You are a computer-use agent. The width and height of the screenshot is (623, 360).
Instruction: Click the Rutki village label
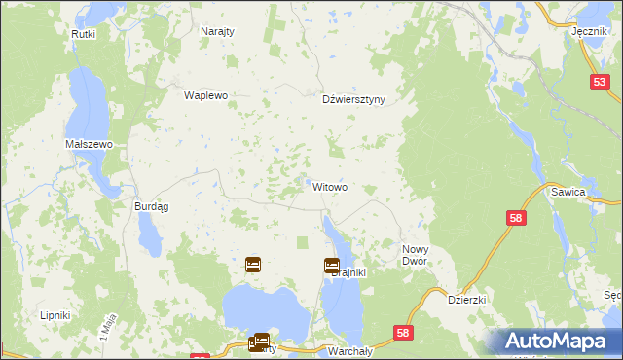pyautogui.click(x=82, y=34)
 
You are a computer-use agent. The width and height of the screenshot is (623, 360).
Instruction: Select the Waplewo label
pyautogui.click(x=205, y=95)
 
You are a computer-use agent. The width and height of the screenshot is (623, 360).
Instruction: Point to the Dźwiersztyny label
pyautogui.click(x=353, y=98)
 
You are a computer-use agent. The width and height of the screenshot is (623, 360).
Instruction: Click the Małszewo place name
pyautogui.click(x=90, y=144)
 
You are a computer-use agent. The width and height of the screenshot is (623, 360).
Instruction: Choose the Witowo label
pyautogui.click(x=330, y=186)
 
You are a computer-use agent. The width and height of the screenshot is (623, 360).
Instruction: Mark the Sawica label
pyautogui.click(x=594, y=193)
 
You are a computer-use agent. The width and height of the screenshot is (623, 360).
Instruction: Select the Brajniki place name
pyautogui.click(x=348, y=273)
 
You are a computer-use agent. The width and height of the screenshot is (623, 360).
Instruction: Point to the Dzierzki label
pyautogui.click(x=466, y=301)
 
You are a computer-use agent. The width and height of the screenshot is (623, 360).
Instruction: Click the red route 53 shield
pyautogui.click(x=599, y=85)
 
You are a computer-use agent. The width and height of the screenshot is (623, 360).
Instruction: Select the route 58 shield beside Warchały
pyautogui.click(x=403, y=334)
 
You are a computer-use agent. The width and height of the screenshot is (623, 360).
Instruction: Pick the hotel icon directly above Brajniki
pyautogui.click(x=331, y=264)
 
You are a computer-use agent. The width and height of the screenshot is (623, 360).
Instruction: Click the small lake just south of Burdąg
pyautogui.click(x=150, y=233)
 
